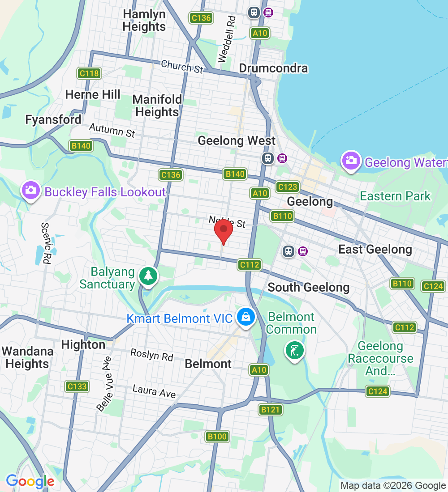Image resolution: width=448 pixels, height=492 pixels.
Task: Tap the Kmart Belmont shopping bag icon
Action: tap(246, 317)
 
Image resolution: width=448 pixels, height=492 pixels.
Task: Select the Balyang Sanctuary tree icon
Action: tap(148, 276)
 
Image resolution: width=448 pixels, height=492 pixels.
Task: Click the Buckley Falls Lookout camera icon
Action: tap(30, 190)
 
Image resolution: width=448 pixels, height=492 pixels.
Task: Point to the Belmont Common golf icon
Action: tap(294, 351)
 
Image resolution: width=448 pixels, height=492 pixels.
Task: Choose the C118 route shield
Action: tap(89, 73)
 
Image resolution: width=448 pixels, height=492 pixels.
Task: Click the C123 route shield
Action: tap(287, 187)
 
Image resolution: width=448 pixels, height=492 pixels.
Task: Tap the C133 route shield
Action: tap(76, 386)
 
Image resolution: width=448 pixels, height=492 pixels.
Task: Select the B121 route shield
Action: tap(271, 410)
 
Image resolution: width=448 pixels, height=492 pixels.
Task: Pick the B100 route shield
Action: tap(217, 437)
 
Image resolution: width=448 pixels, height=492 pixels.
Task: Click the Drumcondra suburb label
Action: tap(273, 68)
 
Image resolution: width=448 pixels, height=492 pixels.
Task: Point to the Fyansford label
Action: tap(53, 120)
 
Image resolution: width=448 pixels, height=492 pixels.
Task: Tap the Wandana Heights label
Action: tap(28, 357)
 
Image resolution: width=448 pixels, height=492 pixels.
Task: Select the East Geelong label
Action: tap(375, 250)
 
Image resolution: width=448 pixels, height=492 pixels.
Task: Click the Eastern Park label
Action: tap(395, 196)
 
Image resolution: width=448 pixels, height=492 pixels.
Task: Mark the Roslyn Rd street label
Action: tap(152, 355)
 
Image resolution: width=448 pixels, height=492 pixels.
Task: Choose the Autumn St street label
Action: tap(112, 131)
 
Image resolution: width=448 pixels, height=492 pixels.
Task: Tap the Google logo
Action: tap(30, 481)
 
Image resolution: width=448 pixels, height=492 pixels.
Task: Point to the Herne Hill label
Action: tap(93, 95)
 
